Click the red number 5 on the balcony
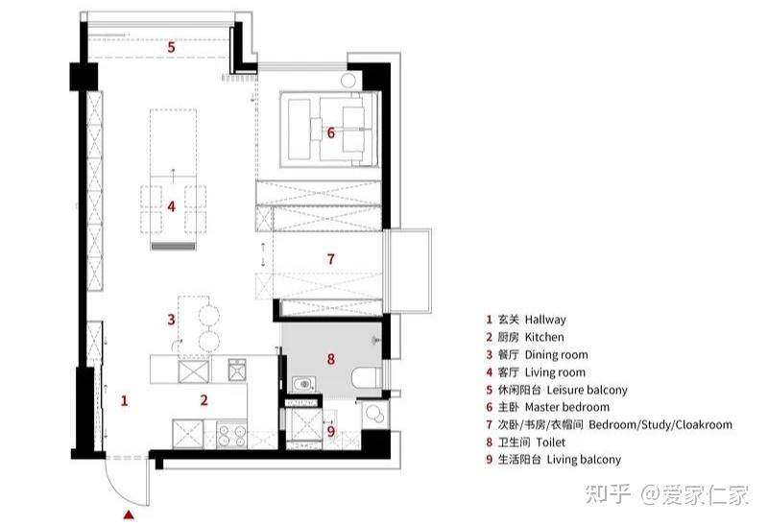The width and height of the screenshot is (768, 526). tap(171, 47)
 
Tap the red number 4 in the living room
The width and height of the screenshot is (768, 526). tap(171, 206)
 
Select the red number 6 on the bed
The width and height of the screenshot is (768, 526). tap(330, 132)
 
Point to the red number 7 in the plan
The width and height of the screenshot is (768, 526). tap(330, 258)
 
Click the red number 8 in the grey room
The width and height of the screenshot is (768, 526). tap(331, 359)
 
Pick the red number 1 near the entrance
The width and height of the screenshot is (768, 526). tap(125, 400)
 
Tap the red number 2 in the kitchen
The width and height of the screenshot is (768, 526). tap(204, 400)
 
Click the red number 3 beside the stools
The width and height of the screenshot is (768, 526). tap(171, 320)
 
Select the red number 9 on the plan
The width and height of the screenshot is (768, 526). tap(331, 431)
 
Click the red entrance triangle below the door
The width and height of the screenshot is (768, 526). tap(129, 514)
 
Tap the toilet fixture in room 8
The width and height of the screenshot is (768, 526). tap(367, 378)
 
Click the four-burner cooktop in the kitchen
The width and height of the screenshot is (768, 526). tap(231, 435)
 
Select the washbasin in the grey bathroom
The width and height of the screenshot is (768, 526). tap(304, 384)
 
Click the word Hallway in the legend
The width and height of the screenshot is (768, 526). tap(545, 320)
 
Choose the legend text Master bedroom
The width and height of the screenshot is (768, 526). tap(567, 407)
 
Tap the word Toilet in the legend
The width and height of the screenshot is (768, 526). tap(550, 442)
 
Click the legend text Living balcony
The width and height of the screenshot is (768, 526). tap(584, 460)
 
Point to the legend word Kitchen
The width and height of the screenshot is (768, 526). tap(544, 337)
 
